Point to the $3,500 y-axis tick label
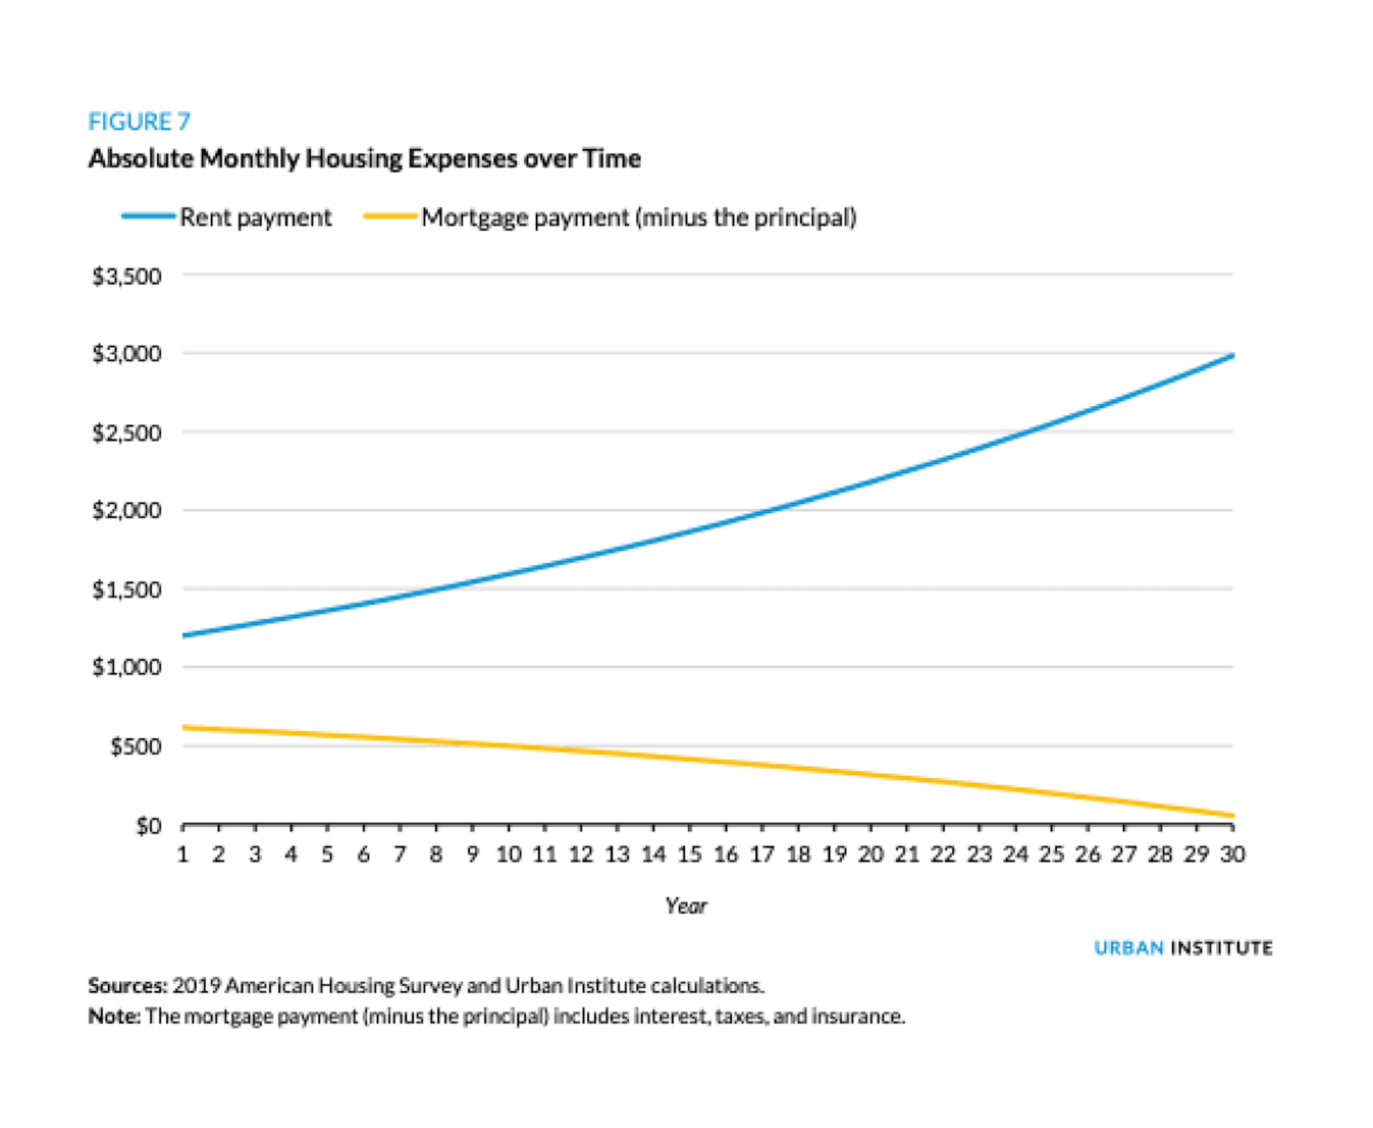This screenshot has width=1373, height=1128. click(x=127, y=276)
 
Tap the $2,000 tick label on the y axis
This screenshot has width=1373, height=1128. click(x=127, y=511)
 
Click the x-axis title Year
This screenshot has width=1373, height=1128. click(x=685, y=906)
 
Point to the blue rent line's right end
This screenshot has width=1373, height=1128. click(x=1232, y=355)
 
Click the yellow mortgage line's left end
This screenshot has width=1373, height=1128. click(x=184, y=727)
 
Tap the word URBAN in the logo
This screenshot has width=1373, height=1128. click(x=1129, y=948)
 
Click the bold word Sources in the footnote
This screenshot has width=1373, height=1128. click(x=127, y=986)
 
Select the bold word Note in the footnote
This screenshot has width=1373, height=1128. click(x=114, y=1016)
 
